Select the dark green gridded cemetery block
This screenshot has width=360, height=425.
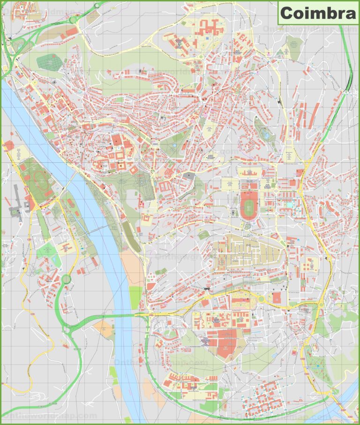coord(46,61)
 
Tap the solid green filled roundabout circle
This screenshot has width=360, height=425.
coord(66,280)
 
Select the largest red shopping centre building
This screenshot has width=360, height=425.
coord(223,341)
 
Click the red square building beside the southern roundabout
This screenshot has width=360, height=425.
coord(276,298)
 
